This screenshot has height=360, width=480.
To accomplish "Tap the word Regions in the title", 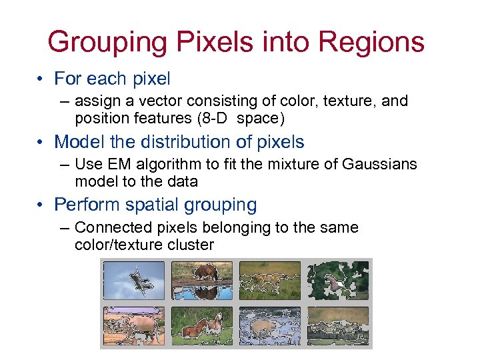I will pos(371,41).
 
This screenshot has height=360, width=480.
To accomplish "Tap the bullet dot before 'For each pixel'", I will pos(41,79).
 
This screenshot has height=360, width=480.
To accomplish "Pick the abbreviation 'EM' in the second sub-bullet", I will pos(118,165).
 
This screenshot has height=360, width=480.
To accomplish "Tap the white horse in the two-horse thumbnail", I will pos(213,326).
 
